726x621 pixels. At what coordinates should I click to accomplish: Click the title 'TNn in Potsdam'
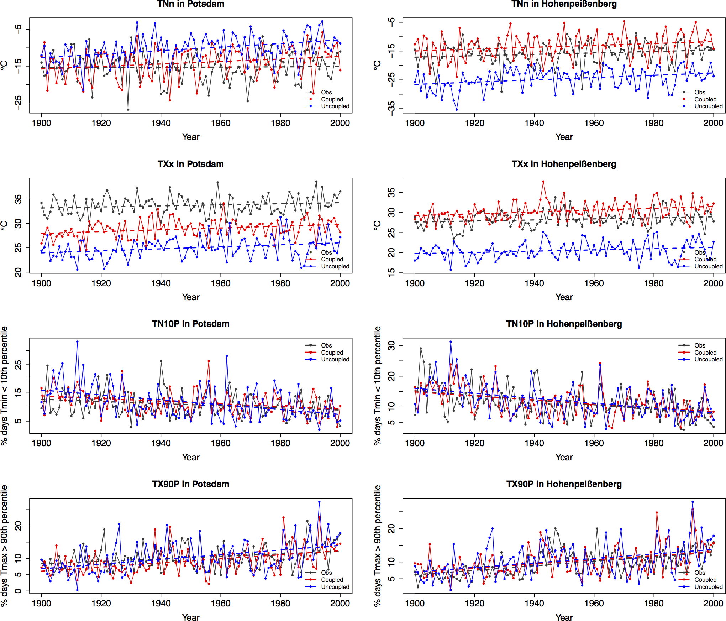point(191,4)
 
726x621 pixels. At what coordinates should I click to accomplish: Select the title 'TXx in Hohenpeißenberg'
point(564,164)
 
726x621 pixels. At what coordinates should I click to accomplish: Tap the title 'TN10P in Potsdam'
point(191,324)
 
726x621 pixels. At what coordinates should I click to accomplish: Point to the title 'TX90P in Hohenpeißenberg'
point(564,484)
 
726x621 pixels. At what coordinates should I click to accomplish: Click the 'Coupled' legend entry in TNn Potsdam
point(332,99)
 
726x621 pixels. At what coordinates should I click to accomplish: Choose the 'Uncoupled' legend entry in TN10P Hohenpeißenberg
point(708,359)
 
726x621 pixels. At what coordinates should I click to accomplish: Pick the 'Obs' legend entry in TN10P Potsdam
point(326,345)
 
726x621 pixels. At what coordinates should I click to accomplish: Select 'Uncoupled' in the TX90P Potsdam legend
point(335,586)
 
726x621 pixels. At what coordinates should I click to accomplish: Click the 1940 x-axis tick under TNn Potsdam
point(161,123)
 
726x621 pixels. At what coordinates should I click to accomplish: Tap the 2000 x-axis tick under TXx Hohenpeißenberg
point(713,283)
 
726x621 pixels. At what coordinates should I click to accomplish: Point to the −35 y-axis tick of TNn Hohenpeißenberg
point(391,108)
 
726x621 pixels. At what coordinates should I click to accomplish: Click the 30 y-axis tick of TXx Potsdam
point(18,223)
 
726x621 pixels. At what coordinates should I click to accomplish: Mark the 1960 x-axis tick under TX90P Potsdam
point(221,603)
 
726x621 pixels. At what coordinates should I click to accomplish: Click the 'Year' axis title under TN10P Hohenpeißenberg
point(564,457)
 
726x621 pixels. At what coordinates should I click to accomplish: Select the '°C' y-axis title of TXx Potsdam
point(4,225)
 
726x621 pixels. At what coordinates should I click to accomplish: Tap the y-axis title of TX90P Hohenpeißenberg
point(378,546)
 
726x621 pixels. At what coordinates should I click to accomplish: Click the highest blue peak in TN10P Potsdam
point(77,342)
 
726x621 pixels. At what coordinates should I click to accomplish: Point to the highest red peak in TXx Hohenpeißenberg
point(543,182)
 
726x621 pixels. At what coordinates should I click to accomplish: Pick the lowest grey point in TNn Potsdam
point(128,109)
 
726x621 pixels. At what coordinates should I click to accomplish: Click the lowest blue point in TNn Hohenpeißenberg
point(457,109)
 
